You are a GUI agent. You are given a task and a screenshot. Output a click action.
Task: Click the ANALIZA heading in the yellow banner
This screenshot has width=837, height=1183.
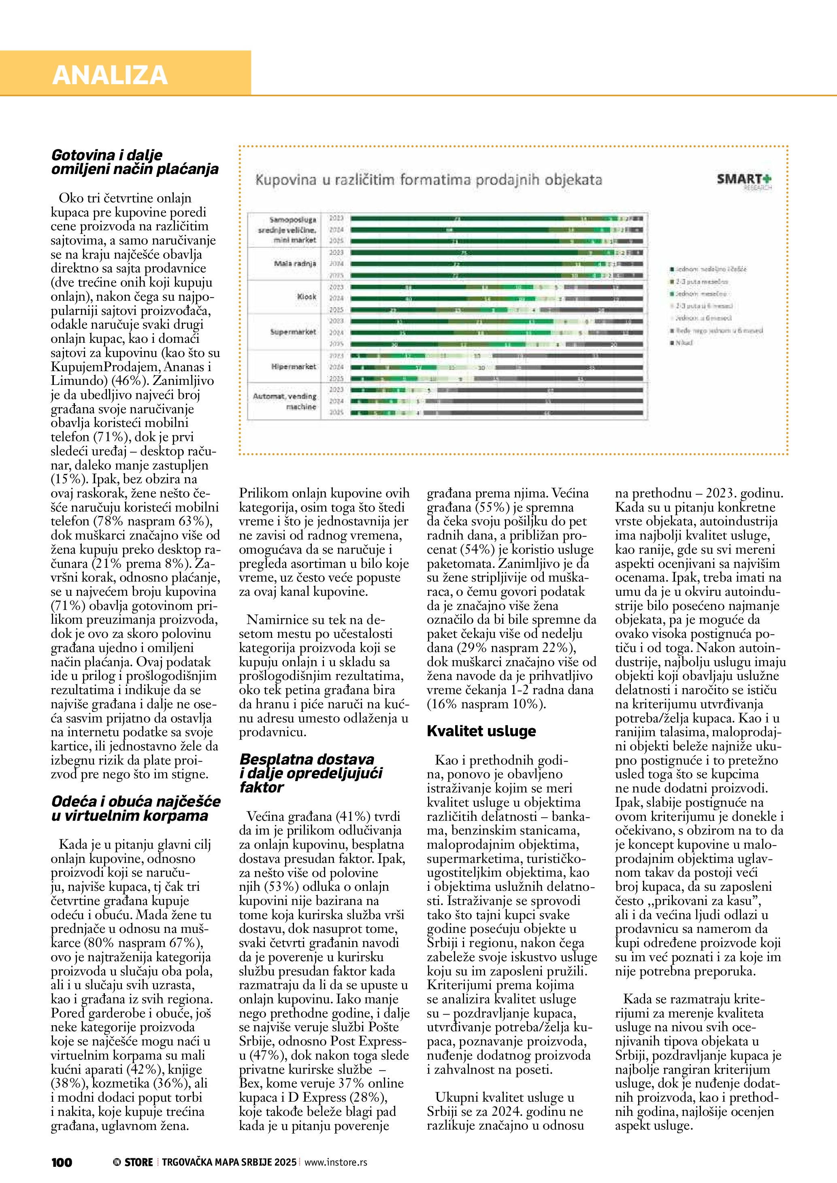point(110,75)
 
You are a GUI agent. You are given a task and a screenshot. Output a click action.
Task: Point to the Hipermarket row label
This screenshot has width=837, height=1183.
point(294,366)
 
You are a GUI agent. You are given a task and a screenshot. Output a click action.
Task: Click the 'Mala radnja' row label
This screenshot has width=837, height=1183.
point(295,263)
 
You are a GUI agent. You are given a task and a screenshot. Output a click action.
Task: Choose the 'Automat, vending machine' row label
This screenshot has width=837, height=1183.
point(285,401)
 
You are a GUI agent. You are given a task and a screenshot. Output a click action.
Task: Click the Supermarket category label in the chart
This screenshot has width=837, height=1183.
point(293,332)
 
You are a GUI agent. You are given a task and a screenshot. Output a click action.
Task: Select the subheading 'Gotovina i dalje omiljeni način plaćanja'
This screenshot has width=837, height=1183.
point(134,162)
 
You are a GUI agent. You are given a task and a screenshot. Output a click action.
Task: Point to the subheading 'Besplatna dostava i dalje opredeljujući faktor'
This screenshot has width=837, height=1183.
point(311,773)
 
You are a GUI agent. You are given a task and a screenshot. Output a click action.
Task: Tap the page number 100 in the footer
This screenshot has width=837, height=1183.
point(62,1162)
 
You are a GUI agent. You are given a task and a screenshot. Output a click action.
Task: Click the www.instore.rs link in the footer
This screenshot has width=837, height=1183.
point(336,1162)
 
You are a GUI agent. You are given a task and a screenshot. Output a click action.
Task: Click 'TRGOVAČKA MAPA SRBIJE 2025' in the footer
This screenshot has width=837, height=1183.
point(229,1162)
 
